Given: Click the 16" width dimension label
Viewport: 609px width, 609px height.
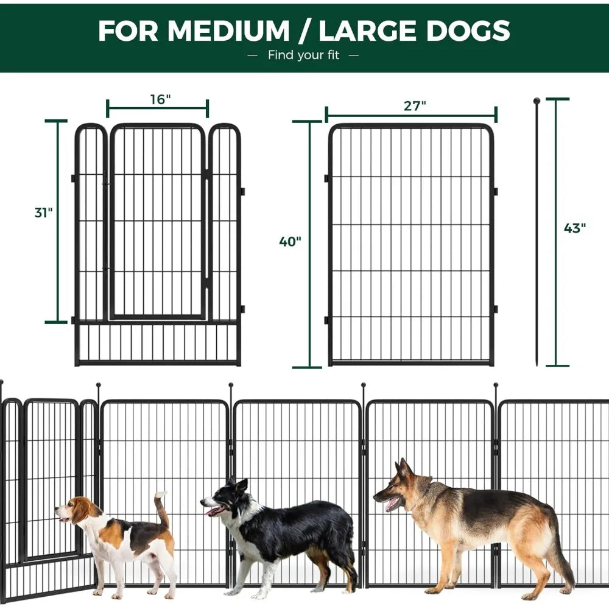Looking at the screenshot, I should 160,99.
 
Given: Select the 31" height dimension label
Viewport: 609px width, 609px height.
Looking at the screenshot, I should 43,213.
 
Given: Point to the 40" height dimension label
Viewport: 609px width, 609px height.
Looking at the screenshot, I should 290,241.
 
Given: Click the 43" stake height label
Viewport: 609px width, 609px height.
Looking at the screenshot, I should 574,228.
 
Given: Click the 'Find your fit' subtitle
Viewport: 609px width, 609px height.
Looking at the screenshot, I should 304,55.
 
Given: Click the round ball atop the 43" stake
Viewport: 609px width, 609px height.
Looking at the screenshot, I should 537,101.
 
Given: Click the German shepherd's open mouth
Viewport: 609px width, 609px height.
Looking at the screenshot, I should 392,503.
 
